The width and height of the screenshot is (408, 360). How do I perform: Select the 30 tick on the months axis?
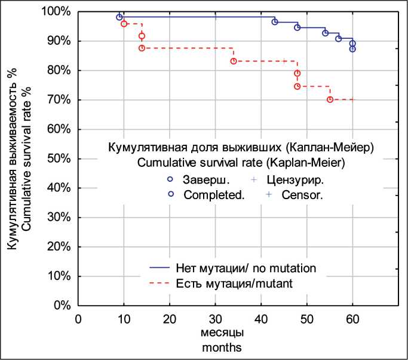[x=215, y=318]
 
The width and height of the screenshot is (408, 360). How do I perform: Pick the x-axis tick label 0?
[x=78, y=318]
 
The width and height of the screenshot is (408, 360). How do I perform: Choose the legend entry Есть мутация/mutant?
[x=235, y=284]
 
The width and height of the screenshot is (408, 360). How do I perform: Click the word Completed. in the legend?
[x=214, y=195]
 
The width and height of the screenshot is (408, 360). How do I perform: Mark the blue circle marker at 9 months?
[x=119, y=17]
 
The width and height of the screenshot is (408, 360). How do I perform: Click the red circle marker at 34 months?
[x=234, y=61]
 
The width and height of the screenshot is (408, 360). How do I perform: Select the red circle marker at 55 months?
[x=330, y=99]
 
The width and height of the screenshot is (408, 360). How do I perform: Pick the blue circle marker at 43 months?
[x=275, y=22]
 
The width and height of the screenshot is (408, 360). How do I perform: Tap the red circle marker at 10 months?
[x=124, y=24]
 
